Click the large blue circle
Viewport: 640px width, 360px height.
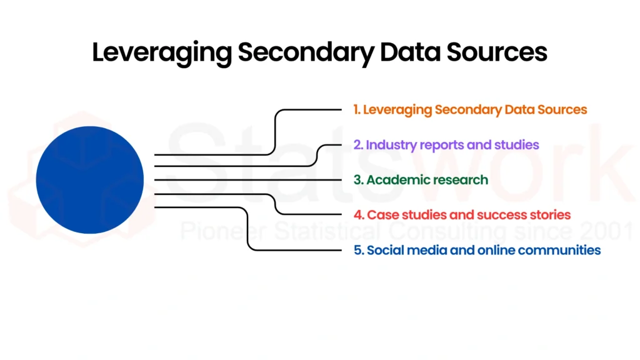tap(90, 180)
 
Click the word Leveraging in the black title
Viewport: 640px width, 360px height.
tap(161, 52)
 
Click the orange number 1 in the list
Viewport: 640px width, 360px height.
tap(356, 109)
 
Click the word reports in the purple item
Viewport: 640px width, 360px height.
tap(442, 145)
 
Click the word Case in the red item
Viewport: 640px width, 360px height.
tap(381, 215)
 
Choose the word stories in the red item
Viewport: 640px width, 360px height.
tap(548, 215)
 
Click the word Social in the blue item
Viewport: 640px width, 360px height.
tap(383, 250)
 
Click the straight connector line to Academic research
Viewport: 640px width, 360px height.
tap(250, 180)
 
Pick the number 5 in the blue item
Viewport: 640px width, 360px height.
tap(357, 250)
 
